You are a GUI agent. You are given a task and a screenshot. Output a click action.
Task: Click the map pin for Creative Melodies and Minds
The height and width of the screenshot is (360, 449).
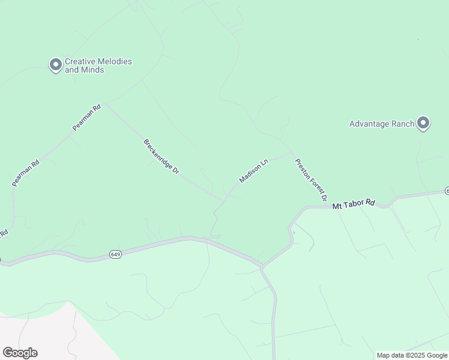(56, 64)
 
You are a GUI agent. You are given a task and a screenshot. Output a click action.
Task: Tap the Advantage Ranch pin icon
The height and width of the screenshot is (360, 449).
(423, 124)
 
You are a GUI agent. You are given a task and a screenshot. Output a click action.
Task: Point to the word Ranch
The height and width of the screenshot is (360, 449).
(400, 124)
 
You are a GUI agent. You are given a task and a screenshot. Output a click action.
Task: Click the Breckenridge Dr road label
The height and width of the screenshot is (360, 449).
(161, 157)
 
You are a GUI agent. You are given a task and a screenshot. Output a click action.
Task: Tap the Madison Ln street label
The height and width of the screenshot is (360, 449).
(253, 172)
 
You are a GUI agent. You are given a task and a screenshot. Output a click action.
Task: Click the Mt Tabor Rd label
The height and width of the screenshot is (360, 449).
(354, 205)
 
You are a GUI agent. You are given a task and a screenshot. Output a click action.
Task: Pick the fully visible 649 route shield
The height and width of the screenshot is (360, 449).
(115, 254)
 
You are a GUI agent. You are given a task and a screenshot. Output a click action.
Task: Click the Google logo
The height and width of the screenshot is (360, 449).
(20, 353)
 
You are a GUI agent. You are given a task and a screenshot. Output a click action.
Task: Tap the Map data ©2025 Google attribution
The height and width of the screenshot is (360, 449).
(412, 355)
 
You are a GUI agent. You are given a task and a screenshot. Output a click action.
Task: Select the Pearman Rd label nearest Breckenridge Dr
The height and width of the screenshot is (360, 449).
(85, 118)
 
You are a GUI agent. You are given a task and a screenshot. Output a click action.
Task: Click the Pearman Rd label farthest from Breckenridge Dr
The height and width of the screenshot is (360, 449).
(26, 172)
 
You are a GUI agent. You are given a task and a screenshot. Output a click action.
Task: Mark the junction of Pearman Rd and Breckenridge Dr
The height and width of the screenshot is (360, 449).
(105, 104)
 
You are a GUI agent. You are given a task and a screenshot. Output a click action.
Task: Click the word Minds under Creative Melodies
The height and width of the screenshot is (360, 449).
(93, 70)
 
